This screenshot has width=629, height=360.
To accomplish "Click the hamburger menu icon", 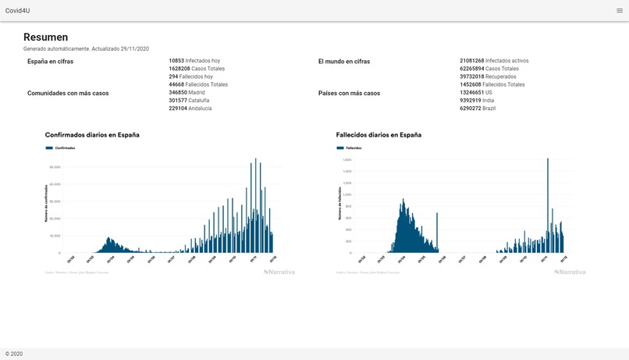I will click(620, 10).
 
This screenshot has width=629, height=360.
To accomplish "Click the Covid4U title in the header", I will click(17, 10).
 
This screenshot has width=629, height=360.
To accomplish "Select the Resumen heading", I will click(45, 37).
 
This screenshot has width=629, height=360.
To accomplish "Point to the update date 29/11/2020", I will click(134, 49).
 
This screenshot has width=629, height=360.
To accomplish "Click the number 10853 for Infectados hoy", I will click(176, 60).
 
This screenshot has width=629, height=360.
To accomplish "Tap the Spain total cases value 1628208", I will click(179, 69).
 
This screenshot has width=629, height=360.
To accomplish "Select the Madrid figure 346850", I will click(177, 92).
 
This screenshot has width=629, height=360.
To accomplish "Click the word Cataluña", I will click(199, 101).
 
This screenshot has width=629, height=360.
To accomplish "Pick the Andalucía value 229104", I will click(178, 109).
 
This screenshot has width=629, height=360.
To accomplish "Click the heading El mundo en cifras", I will click(344, 61).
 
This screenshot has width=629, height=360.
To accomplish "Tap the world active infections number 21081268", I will click(472, 60).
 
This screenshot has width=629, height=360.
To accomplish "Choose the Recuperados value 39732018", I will click(472, 77).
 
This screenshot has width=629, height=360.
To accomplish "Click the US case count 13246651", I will click(472, 92).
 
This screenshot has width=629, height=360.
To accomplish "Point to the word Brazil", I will click(489, 109).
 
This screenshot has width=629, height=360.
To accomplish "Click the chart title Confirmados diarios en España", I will click(92, 135).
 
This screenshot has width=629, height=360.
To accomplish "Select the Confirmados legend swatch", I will click(49, 148).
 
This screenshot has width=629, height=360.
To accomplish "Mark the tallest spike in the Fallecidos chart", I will click(548, 159).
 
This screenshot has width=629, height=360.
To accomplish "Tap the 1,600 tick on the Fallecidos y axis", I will click(347, 160).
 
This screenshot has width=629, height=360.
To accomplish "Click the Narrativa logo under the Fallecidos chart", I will click(570, 272).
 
